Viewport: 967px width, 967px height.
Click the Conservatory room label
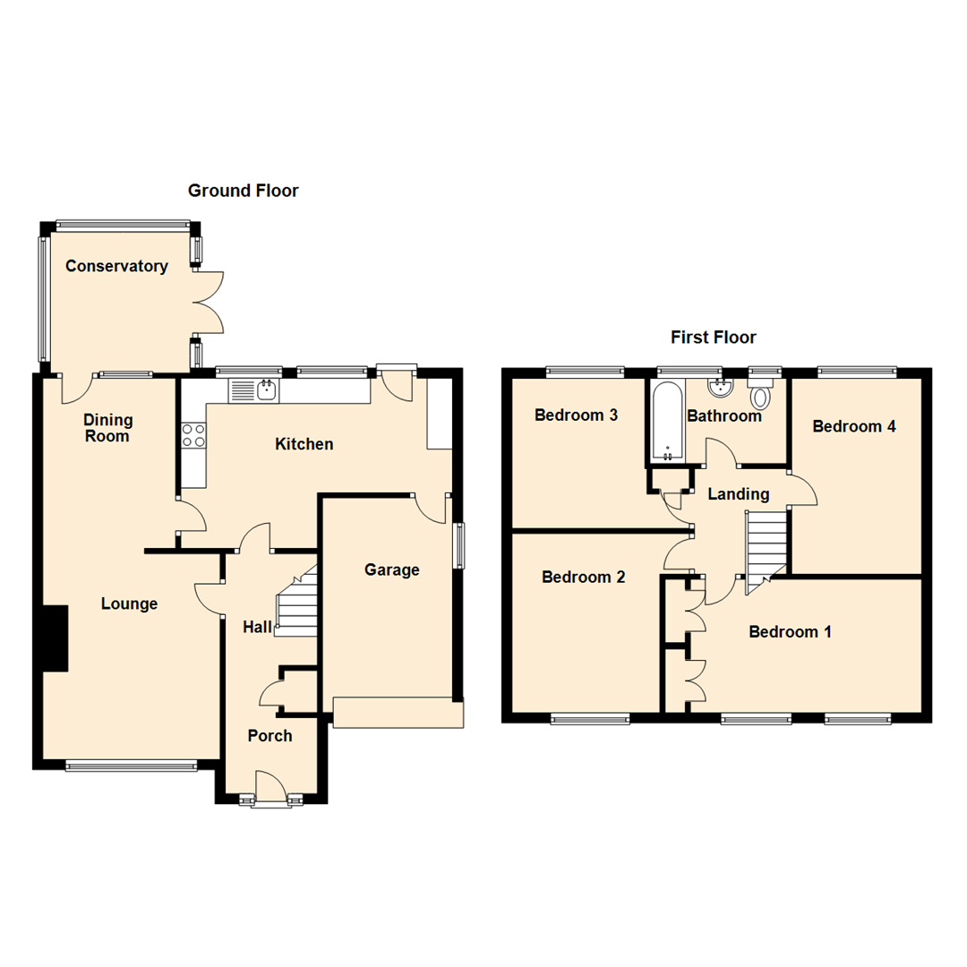coord(116,266)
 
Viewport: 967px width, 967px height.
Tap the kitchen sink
coord(254,390)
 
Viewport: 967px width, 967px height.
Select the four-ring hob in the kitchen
coord(193,435)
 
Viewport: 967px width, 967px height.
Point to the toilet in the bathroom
coord(761,395)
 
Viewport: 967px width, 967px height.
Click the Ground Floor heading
coord(243,191)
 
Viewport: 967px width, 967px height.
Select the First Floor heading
coord(713,338)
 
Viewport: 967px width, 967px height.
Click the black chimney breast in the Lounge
coord(56,638)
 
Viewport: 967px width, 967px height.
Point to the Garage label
coord(392,570)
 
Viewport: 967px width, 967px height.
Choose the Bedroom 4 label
coord(853,426)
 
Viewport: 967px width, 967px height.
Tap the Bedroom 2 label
coord(583,578)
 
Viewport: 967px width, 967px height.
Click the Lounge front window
coord(131,765)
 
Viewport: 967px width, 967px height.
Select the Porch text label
coord(270,736)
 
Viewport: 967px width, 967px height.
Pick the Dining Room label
coord(108,428)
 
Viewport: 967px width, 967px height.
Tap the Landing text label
coord(739,494)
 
